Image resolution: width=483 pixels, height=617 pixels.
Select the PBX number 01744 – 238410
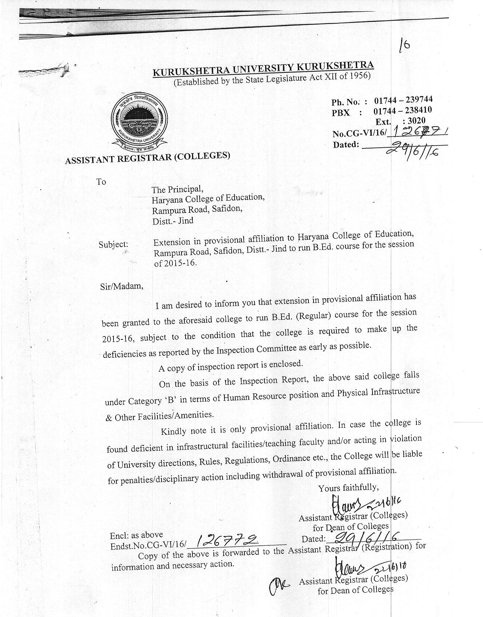point(402,110)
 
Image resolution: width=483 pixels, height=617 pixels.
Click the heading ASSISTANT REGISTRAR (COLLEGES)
point(147,158)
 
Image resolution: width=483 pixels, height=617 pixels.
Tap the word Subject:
point(113,244)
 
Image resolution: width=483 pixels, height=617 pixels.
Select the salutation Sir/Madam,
point(121,286)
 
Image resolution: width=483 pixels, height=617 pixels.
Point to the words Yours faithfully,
point(348,487)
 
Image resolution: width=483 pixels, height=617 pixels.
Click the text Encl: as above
point(136,535)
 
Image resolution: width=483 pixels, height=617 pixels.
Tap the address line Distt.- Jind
point(173,221)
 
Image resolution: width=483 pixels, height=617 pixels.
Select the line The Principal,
point(177,189)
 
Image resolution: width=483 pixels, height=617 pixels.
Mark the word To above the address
point(101,182)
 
